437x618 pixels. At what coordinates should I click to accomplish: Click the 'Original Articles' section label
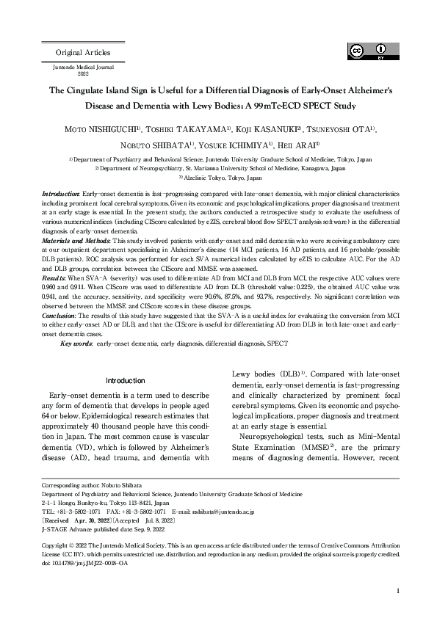point(83,53)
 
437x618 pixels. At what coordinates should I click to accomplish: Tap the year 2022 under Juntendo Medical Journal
point(83,74)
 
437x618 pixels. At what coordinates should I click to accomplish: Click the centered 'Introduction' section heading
point(125,381)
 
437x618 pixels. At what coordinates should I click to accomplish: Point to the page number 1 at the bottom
point(397,591)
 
